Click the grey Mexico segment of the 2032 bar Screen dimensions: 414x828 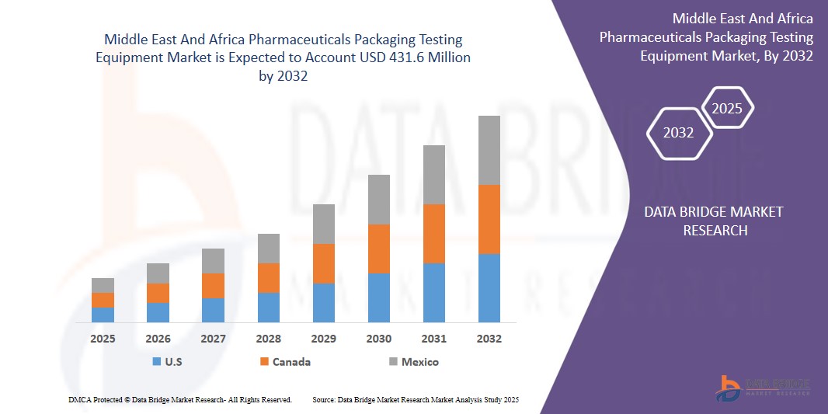tap(489, 150)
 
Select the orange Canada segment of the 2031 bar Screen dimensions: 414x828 tap(433, 234)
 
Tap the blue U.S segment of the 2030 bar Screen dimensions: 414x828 tap(378, 297)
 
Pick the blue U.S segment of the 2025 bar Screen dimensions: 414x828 tap(103, 315)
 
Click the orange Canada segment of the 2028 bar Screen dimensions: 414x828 tap(268, 278)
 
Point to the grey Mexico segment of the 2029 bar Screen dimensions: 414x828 tap(323, 224)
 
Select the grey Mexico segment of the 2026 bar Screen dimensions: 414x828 tap(158, 273)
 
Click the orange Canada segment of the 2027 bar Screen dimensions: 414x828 tap(213, 286)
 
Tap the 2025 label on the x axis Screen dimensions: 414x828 tap(103, 339)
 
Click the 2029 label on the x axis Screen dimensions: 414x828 tap(323, 339)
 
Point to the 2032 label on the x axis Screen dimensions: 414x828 tap(489, 339)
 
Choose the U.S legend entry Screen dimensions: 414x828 tap(168, 362)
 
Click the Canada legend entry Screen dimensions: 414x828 tap(285, 362)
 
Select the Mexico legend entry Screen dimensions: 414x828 tap(413, 362)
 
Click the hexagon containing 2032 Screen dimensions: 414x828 tap(679, 133)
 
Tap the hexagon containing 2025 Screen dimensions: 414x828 tap(727, 108)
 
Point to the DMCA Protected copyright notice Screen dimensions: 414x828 tap(179, 399)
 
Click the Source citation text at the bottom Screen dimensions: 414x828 tap(415, 399)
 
